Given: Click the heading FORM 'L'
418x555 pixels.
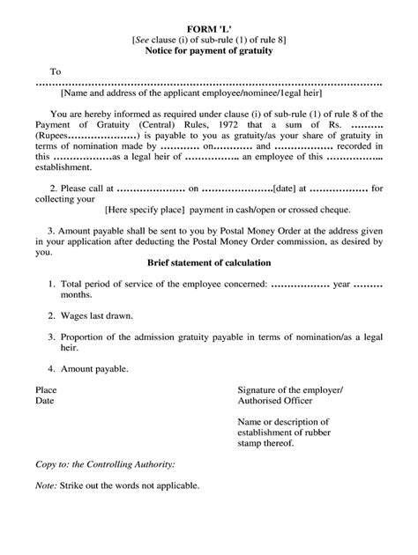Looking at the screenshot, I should [x=209, y=29].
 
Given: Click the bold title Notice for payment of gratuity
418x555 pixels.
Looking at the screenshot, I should [x=209, y=53].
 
